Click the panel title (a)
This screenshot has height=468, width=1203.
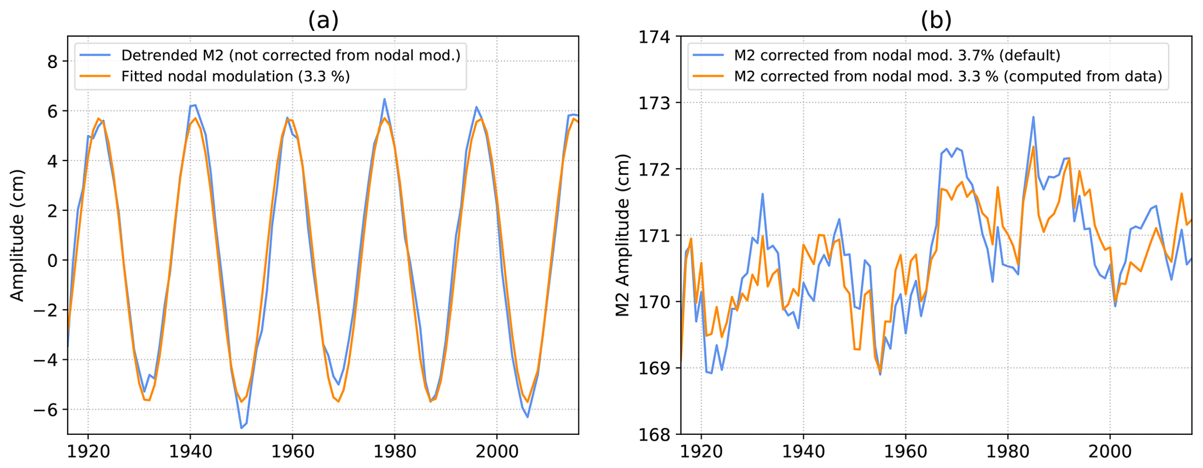[323, 20]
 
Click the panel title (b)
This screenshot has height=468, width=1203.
[936, 20]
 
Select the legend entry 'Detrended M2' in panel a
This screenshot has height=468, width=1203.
[290, 55]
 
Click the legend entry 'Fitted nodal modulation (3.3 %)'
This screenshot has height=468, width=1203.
[235, 76]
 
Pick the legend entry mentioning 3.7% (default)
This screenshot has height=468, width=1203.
[897, 55]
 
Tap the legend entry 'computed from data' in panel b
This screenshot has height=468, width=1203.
[948, 76]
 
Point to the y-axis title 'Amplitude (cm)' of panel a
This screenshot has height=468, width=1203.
[17, 235]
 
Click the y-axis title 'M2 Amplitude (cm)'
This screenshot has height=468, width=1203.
[623, 235]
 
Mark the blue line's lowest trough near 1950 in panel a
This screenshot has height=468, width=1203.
[241, 428]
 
